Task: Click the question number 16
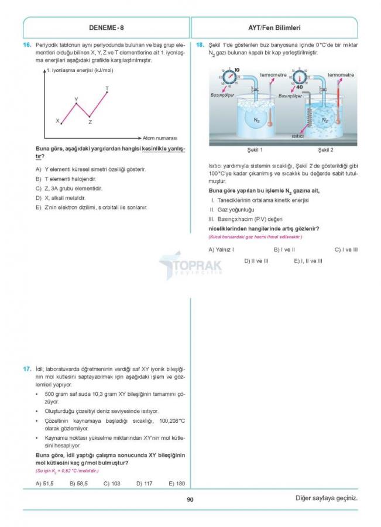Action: click(x=27, y=45)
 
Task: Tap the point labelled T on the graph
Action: click(x=107, y=89)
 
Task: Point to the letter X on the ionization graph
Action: click(x=58, y=121)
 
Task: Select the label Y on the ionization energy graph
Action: click(x=76, y=100)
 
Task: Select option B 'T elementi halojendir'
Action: click(x=70, y=179)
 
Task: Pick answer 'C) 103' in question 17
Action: click(x=112, y=483)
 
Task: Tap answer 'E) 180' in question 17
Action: click(x=176, y=483)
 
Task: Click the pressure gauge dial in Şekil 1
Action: click(x=229, y=78)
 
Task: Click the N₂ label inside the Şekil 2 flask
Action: click(x=325, y=119)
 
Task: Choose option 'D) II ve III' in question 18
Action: click(x=256, y=261)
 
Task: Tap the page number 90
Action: click(x=190, y=499)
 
